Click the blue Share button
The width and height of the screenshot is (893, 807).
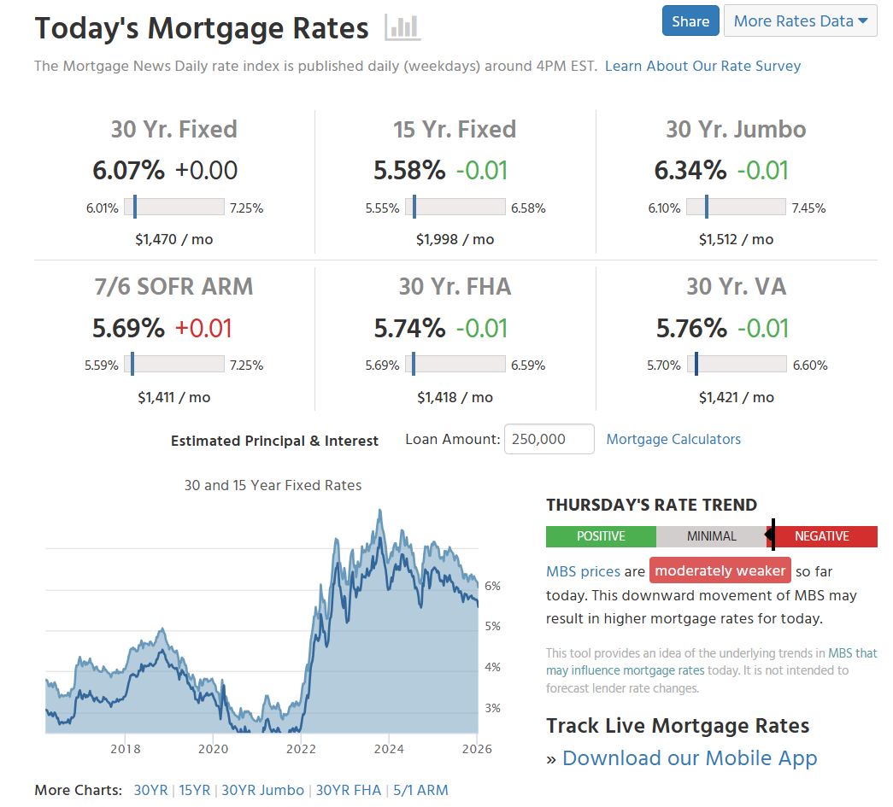(690, 21)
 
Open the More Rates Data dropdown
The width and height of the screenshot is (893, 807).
(800, 21)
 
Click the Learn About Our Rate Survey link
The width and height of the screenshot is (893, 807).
(702, 66)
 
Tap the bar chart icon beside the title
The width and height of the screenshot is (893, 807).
(402, 28)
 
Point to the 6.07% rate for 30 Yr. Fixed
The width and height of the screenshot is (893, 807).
(128, 170)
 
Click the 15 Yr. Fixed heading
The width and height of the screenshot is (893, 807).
(455, 129)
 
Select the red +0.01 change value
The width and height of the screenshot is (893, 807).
(203, 328)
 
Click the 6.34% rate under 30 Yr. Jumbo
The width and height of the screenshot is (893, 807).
(690, 170)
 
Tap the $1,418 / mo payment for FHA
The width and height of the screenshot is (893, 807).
(455, 397)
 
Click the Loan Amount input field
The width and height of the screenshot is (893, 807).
(549, 439)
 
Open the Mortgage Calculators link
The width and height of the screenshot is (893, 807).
(673, 439)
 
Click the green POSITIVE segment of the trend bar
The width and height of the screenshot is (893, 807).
(601, 536)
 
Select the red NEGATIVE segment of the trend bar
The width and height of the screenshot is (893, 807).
(822, 536)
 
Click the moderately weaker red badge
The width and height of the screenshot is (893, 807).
(720, 570)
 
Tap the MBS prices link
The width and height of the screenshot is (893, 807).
(583, 571)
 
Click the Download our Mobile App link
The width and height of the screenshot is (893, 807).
(690, 758)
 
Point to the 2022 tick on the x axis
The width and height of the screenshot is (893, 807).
(301, 749)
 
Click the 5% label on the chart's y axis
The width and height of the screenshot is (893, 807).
(492, 626)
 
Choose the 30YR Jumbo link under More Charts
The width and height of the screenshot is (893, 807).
(262, 790)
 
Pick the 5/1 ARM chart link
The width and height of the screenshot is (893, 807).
(420, 790)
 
